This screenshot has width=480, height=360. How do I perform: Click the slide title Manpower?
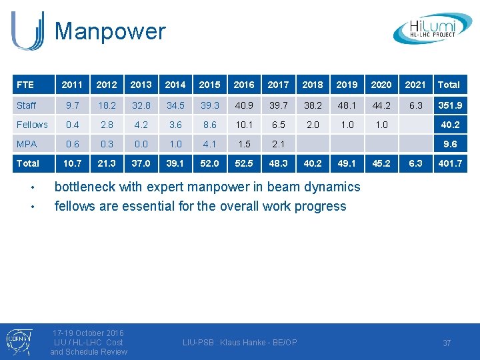pos(110,31)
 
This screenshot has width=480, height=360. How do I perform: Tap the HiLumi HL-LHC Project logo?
pos(432,29)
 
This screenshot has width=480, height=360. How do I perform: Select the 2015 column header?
pos(209,85)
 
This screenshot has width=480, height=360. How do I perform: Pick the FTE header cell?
pos(25,85)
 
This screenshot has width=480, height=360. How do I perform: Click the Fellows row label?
pos(32,125)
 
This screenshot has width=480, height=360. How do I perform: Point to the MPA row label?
pos(27,144)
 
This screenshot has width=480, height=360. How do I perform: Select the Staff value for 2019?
pos(347,105)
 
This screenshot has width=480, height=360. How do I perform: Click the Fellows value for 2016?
pos(244,125)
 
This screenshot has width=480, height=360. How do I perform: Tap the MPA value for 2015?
pos(209,144)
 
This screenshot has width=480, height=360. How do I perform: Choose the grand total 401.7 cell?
pos(449,163)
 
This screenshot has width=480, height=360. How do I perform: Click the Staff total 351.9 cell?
pos(449,105)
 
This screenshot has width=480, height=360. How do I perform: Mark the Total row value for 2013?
pos(141,163)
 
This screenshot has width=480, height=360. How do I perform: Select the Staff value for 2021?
pos(415,105)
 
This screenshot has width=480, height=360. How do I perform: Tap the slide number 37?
pos(447,343)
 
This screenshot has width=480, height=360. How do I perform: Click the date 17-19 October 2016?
pos(88,333)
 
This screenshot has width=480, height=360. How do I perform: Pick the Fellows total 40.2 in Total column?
pos(451,125)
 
